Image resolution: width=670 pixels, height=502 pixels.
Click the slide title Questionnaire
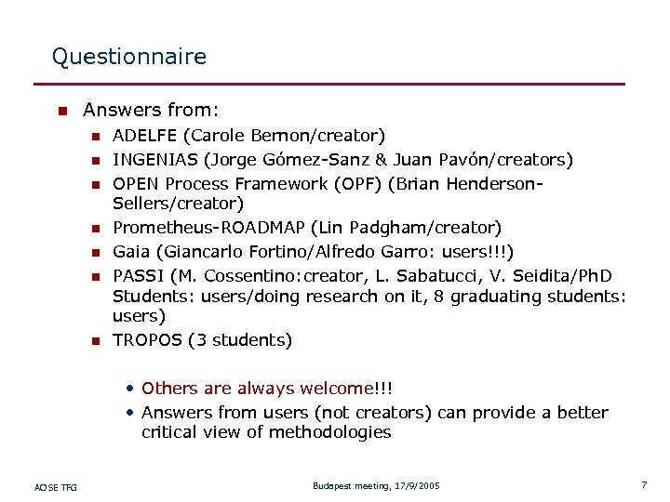point(129,57)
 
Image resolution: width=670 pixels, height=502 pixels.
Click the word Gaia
point(130,251)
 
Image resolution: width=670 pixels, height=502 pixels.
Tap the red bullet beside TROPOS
point(94,341)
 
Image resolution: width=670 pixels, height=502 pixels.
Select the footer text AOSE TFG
point(56,487)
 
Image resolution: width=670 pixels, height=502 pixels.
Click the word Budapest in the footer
point(332,486)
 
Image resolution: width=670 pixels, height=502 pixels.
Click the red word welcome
point(334,389)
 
